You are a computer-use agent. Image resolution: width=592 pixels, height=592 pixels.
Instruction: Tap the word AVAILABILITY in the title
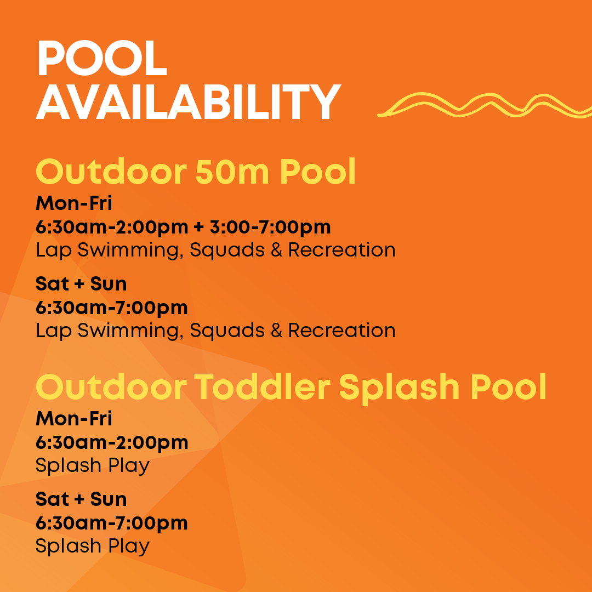[x=189, y=102]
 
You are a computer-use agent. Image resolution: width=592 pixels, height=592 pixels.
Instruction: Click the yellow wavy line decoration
[x=482, y=105]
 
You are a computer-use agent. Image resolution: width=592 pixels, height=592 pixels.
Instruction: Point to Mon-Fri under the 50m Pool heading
[x=74, y=203]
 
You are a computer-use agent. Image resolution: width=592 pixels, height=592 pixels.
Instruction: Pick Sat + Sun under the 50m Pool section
[x=81, y=284]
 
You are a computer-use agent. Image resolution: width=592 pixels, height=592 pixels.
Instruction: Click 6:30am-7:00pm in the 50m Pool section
[x=112, y=308]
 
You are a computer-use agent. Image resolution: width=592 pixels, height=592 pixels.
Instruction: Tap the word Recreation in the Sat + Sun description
[x=341, y=331]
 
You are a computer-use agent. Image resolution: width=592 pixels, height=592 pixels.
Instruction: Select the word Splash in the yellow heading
[x=392, y=387]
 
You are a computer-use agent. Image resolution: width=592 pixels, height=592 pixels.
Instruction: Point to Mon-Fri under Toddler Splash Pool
[x=74, y=419]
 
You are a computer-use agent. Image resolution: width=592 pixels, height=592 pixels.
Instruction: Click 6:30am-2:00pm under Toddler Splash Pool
[x=112, y=442]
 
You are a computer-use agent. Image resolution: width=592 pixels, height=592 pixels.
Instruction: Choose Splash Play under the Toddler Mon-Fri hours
[x=93, y=466]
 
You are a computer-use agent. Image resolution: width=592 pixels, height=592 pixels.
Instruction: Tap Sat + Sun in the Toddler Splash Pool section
[x=81, y=499]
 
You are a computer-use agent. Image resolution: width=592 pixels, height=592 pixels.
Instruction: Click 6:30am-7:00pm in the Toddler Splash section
[x=112, y=523]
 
